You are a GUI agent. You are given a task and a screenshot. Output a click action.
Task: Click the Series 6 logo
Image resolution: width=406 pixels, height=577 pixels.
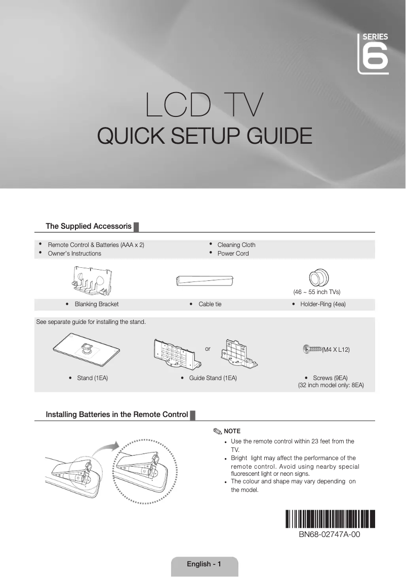pos(373,53)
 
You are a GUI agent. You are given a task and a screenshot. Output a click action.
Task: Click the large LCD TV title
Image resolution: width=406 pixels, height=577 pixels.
pos(204,105)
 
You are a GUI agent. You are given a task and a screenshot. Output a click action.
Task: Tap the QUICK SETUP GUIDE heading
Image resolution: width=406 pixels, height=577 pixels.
pos(204,136)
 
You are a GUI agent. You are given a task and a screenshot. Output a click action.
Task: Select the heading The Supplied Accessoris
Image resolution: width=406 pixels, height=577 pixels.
pos(89,226)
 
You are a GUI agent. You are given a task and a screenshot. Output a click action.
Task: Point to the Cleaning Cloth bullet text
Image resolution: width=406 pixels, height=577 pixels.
pos(236,245)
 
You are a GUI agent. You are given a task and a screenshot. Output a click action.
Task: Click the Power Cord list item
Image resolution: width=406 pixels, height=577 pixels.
pos(233,254)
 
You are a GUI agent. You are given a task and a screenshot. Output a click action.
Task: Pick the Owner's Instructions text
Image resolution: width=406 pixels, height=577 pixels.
pos(74,254)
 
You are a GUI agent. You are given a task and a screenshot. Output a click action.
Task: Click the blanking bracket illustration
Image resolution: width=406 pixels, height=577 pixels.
pos(91,281)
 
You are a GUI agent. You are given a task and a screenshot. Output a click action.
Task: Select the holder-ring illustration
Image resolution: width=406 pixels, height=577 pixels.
pos(318,278)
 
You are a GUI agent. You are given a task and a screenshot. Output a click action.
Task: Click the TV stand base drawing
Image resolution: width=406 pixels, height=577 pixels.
pos(85,349)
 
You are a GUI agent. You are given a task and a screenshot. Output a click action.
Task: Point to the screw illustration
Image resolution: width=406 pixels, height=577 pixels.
pos(312,349)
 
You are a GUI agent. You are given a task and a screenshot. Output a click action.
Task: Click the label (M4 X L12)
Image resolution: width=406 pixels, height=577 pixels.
pos(336,350)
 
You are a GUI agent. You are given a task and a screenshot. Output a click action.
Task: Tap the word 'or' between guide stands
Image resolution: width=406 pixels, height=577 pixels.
pos(208,349)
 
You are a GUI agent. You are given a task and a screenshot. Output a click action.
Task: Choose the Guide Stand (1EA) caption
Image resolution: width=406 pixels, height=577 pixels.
pos(213,378)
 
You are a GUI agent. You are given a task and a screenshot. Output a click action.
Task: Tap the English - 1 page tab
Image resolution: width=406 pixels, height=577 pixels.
pos(204,564)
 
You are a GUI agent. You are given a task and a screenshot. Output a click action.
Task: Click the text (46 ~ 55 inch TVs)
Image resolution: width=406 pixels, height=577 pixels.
pos(317,292)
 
